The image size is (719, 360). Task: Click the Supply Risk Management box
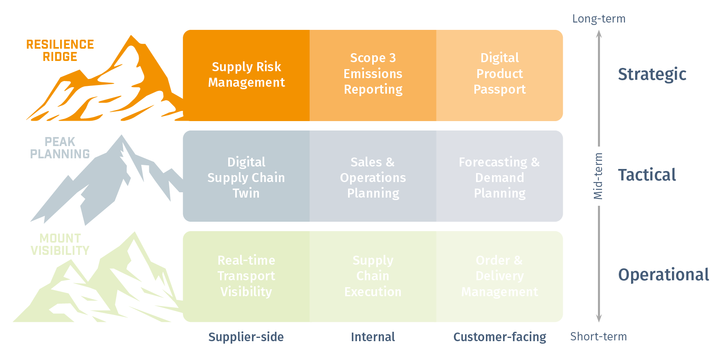(x=246, y=75)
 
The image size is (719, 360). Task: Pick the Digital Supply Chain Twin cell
(x=246, y=178)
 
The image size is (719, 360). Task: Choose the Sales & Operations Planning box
(x=373, y=178)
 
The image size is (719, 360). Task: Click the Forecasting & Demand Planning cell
(x=499, y=178)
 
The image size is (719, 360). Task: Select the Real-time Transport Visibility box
(x=246, y=276)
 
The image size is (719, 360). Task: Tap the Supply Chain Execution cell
(x=373, y=276)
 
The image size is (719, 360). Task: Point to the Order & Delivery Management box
(x=499, y=276)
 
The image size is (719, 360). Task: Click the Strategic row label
(x=652, y=74)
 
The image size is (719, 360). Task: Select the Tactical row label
(x=647, y=175)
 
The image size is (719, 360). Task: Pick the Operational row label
(x=663, y=275)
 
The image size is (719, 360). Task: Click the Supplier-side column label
(x=246, y=337)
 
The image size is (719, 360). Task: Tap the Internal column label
(x=373, y=337)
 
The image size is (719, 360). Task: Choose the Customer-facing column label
(x=499, y=337)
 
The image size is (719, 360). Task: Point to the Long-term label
(x=598, y=19)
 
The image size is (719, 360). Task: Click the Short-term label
(x=598, y=337)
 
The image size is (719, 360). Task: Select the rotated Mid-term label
(x=598, y=176)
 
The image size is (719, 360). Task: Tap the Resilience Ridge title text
(x=60, y=50)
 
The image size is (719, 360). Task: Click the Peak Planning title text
(x=60, y=148)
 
